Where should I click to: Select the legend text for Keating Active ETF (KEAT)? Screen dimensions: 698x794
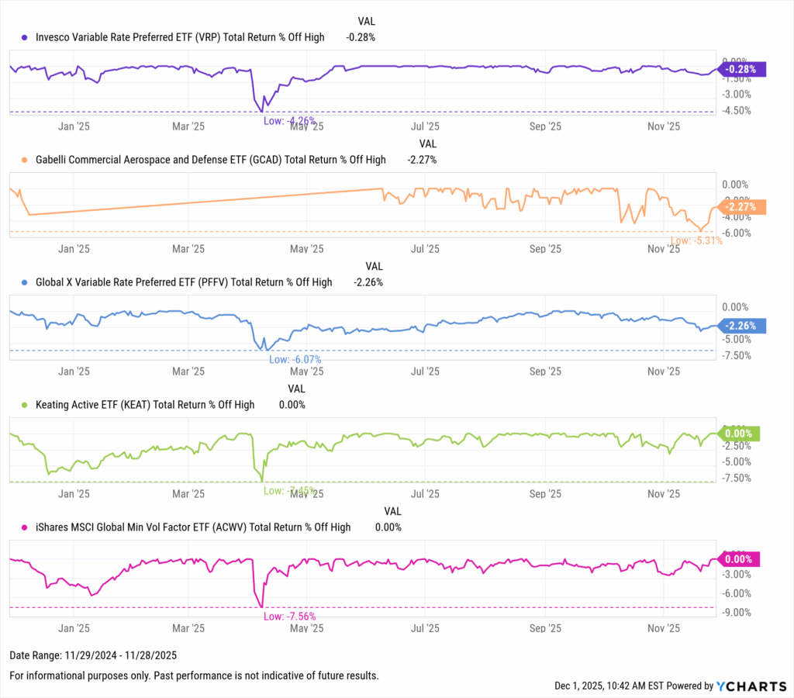[x=145, y=404]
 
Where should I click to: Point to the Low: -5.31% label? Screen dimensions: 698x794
[x=696, y=240]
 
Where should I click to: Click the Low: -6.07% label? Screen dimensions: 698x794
[x=295, y=360]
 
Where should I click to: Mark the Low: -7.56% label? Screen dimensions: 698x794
[x=289, y=617]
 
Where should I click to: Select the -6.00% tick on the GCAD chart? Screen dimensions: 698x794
[x=737, y=233]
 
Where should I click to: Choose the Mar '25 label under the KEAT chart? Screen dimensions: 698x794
[x=188, y=493]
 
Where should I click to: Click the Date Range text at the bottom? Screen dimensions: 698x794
[x=88, y=656]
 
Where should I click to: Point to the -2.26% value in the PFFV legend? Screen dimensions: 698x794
[x=368, y=282]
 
